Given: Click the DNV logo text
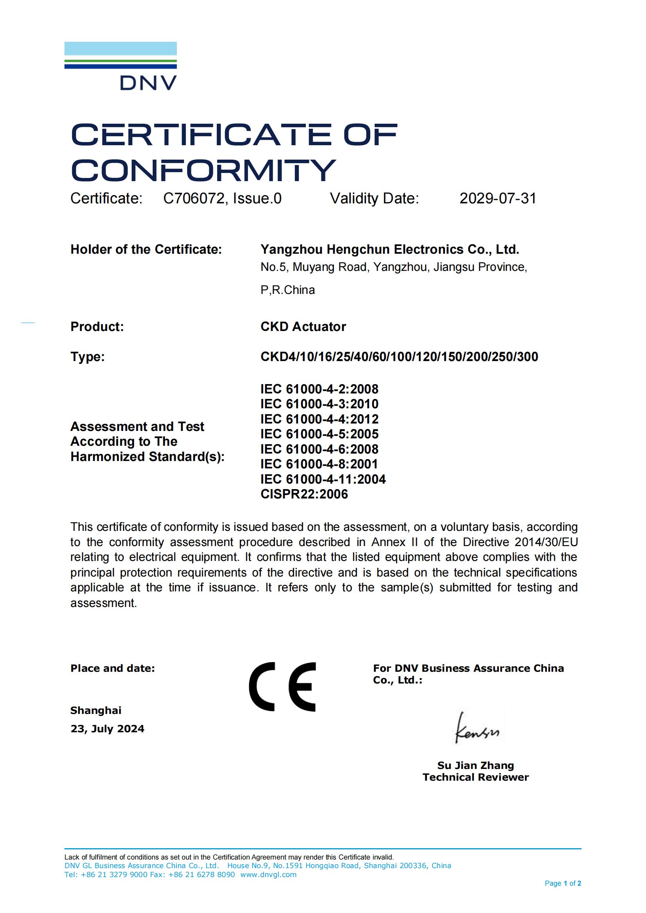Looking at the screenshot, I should click(x=148, y=83).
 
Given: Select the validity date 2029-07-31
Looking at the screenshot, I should click(x=498, y=198).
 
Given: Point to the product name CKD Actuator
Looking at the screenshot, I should click(x=303, y=326).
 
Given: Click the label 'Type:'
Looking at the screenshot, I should click(x=87, y=357).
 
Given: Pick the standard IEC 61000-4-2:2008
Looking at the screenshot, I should click(x=319, y=389).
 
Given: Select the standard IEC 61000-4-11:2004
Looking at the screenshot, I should click(x=323, y=479).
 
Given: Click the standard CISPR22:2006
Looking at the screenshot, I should click(x=304, y=494).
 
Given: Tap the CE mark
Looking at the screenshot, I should click(x=282, y=687).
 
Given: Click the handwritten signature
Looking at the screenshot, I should click(x=477, y=728).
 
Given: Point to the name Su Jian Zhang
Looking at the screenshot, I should click(x=475, y=765).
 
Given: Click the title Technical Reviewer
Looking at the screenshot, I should click(x=475, y=778).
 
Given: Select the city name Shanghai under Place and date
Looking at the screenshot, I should click(x=96, y=710).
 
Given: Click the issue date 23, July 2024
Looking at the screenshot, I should click(x=107, y=728).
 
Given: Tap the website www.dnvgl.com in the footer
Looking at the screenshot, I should click(x=268, y=874).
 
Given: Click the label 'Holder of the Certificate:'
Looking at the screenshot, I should click(x=146, y=249).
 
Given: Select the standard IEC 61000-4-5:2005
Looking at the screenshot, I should click(x=319, y=434).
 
